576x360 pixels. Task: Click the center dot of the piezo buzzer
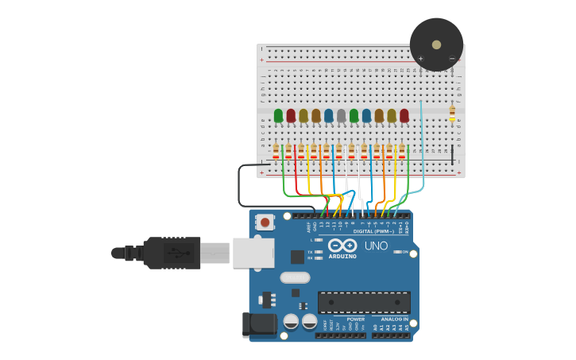[436, 45]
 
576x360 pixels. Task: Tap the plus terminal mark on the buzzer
[421, 58]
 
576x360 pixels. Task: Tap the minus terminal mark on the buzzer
[451, 58]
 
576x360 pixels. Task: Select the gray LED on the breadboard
[341, 116]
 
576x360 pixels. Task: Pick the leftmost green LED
[278, 116]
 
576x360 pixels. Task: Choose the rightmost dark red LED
[404, 116]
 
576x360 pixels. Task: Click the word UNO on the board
[376, 246]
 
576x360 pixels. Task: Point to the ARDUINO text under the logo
[342, 256]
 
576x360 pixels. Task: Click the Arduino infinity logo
[342, 246]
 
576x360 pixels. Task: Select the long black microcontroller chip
[364, 302]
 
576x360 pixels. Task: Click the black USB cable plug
[171, 253]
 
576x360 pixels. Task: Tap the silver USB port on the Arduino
[253, 253]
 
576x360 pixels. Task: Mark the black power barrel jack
[259, 324]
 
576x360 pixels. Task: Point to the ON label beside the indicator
[405, 252]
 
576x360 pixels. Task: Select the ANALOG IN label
[394, 319]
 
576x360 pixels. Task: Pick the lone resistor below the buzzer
[452, 114]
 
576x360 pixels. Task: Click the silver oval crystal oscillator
[295, 277]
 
